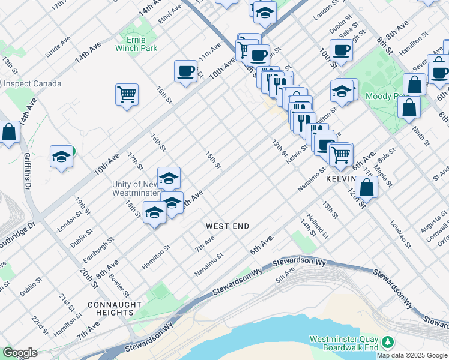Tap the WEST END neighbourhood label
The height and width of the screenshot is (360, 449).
coord(227,226)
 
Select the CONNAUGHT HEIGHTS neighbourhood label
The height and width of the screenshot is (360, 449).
coord(110,308)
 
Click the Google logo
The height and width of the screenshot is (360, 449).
coord(20,353)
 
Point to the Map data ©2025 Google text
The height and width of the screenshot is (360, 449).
coord(412,355)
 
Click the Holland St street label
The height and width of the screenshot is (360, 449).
coord(316,224)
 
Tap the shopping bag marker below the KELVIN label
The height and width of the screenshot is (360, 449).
coord(366,187)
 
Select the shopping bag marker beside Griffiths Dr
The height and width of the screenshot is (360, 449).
coord(10,133)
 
